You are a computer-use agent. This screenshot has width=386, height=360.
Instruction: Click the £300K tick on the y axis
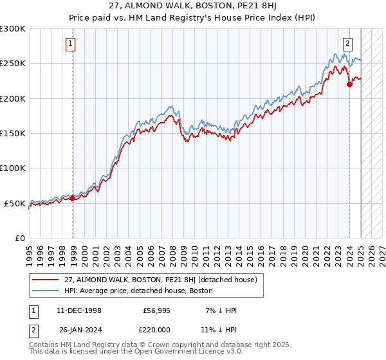coord(13,29)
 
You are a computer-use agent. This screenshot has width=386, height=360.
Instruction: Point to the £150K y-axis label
coord(13,134)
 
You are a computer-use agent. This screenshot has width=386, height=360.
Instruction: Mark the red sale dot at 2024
coord(349,84)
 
